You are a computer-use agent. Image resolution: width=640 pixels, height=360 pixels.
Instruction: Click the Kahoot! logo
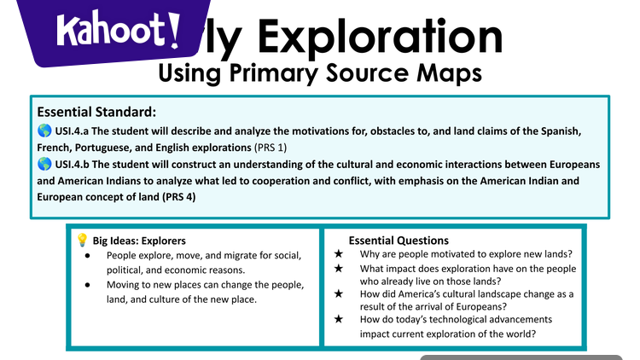coord(118,32)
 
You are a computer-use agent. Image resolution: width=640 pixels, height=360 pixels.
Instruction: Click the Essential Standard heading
coord(96,112)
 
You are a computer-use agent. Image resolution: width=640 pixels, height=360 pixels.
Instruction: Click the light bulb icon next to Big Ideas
coord(83,241)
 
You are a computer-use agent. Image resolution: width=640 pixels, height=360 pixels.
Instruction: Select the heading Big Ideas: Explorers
coord(139,241)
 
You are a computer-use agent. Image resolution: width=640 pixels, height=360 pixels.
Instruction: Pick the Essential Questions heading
coord(399,241)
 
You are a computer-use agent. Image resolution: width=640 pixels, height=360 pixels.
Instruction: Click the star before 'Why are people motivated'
coord(339,254)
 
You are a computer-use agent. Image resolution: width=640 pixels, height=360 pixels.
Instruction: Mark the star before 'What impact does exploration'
coord(339,268)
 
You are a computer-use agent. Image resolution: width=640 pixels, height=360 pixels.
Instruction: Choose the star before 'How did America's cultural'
coord(339,293)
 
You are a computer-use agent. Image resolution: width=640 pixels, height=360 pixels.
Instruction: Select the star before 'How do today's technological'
coord(339,319)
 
